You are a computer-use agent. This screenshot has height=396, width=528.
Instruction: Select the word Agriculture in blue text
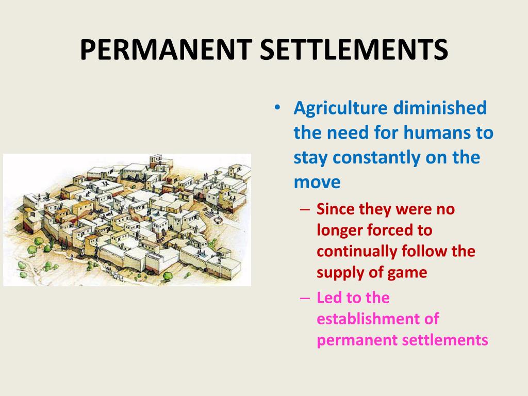click(340, 109)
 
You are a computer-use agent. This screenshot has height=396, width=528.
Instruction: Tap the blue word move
click(317, 182)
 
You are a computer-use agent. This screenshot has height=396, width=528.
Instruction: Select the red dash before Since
click(305, 210)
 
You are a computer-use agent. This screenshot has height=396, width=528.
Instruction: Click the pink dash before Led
click(305, 298)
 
